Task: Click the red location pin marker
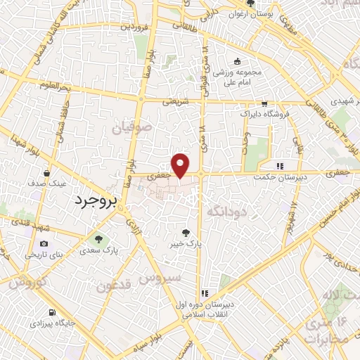point(181,165)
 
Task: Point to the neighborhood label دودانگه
point(225,210)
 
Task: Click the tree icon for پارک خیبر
point(186,232)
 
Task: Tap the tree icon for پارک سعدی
point(98,238)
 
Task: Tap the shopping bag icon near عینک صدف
point(47,172)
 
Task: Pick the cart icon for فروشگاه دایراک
point(264,103)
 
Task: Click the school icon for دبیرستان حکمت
point(281,166)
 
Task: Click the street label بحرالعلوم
point(56,86)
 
